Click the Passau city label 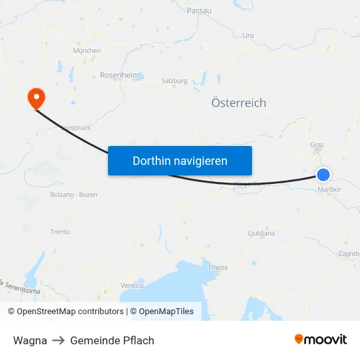point(199,10)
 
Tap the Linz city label point(248,35)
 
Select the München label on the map point(87,50)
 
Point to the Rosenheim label point(120,75)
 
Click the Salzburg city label point(175,81)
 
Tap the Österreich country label point(239,103)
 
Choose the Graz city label point(317,145)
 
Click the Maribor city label point(329,190)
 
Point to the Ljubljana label point(262,233)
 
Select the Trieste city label point(218,268)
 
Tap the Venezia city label point(132,285)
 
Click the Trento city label point(60,232)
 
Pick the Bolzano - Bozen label point(73,195)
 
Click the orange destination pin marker point(35,98)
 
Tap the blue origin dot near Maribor point(323,175)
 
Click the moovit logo point(321,340)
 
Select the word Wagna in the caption point(30,340)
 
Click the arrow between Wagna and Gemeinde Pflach point(58,340)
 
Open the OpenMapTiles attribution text point(166,312)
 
